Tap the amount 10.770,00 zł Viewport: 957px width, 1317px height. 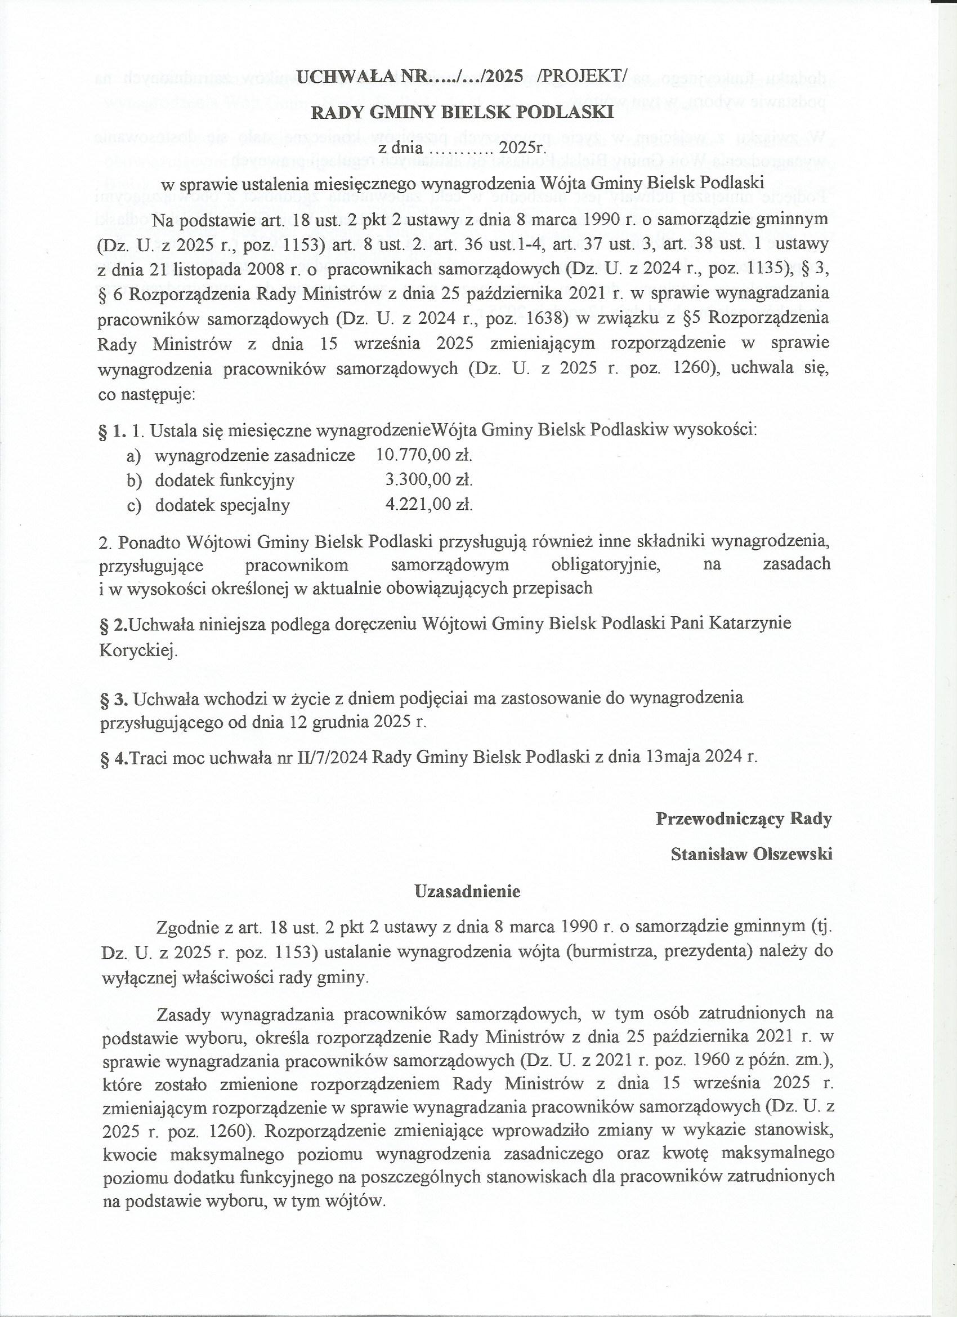click(x=424, y=455)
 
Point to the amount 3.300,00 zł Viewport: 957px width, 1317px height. click(x=429, y=480)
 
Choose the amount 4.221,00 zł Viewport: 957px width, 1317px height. click(x=429, y=505)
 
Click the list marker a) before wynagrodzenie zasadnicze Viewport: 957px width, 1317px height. click(x=134, y=456)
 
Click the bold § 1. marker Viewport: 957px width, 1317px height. click(x=113, y=431)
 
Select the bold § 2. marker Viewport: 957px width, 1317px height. click(x=114, y=624)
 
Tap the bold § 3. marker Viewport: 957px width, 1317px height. click(x=114, y=698)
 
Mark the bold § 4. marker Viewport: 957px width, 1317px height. click(x=114, y=757)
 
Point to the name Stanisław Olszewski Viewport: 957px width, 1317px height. click(x=751, y=854)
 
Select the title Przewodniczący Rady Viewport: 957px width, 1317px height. click(x=744, y=819)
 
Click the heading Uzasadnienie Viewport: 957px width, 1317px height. click(x=467, y=891)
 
